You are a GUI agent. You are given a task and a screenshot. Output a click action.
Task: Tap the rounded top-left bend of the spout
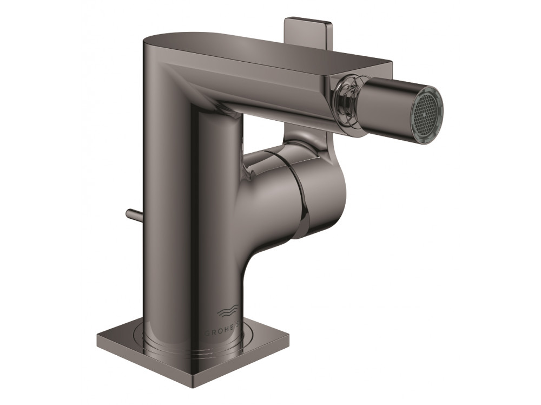[x=162, y=49]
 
